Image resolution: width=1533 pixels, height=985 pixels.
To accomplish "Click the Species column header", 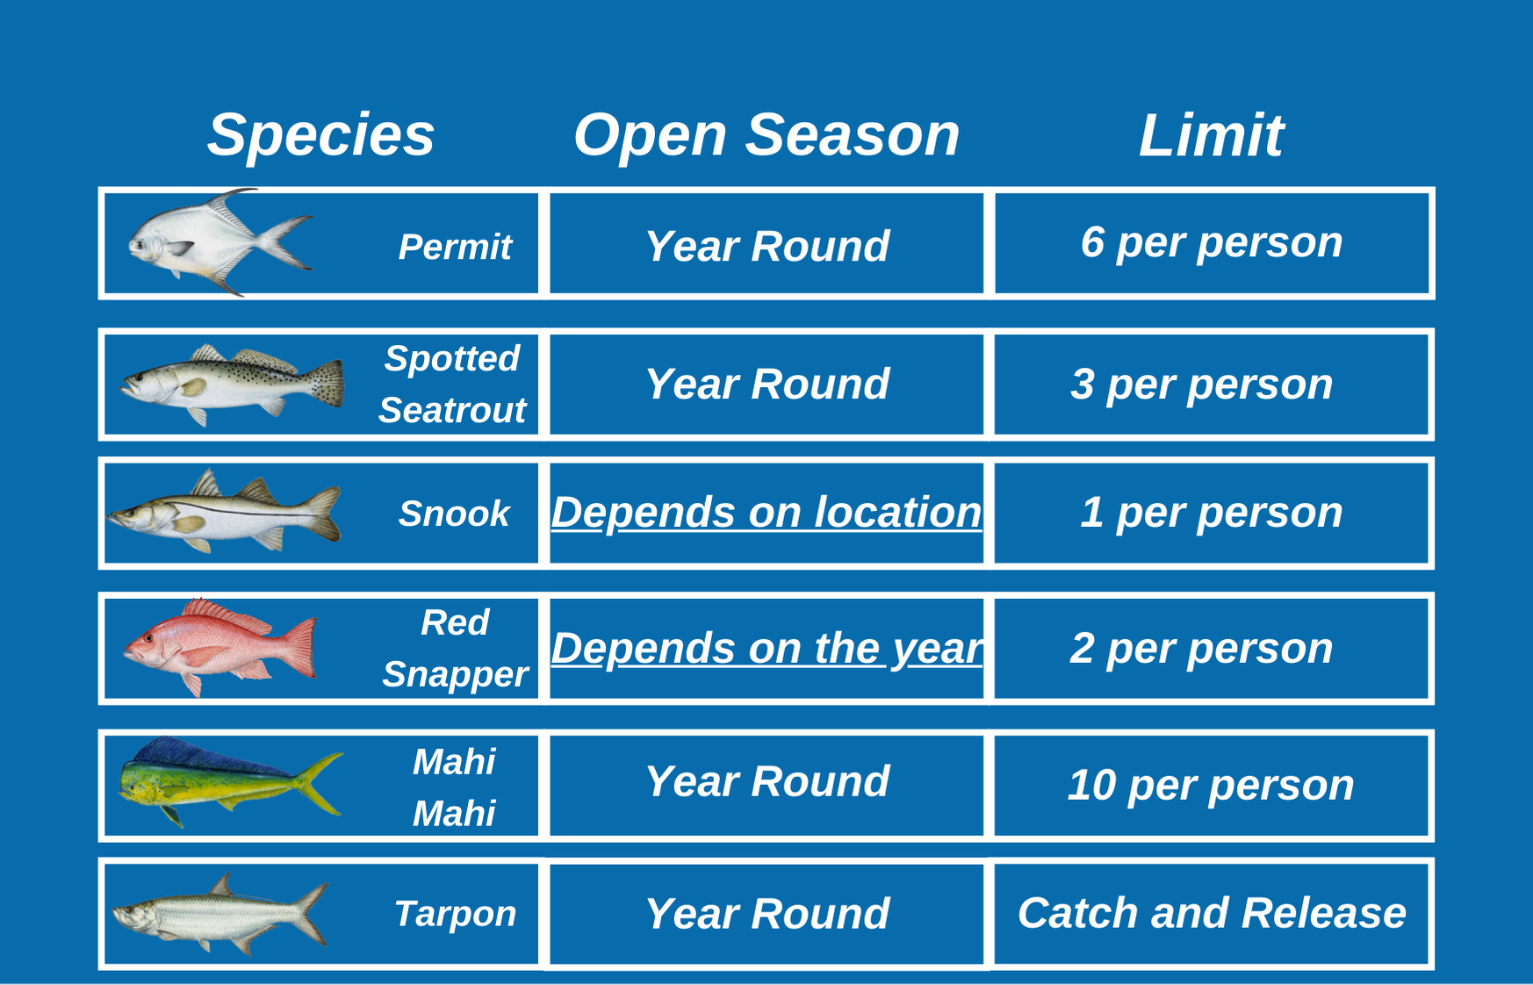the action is tap(320, 136).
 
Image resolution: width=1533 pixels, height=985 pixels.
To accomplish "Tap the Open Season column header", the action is tap(766, 135).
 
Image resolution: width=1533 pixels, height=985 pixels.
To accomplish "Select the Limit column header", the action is tap(1211, 135).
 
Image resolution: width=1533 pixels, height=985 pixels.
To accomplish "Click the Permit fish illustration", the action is tap(220, 241).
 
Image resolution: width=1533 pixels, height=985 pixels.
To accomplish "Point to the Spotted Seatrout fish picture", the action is tap(232, 384).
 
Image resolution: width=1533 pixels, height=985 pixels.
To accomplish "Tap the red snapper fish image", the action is tap(220, 648).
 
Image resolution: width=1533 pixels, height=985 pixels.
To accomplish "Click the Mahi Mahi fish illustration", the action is tap(230, 781).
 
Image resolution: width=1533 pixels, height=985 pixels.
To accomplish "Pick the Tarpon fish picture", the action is tap(220, 914).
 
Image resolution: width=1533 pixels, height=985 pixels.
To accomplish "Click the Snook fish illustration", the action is tap(223, 512).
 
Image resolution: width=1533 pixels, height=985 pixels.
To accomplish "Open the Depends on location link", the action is tap(766, 512).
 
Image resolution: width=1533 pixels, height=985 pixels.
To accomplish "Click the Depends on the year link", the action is tap(766, 649).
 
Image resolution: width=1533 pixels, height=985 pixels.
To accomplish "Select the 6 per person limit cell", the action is tap(1212, 243).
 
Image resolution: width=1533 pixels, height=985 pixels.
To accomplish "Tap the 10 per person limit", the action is tap(1212, 785).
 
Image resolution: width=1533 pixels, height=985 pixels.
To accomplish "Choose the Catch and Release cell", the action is tap(1212, 913).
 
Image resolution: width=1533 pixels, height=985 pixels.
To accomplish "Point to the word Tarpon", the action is tap(455, 915).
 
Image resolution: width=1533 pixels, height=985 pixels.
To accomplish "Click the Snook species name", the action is tap(454, 514).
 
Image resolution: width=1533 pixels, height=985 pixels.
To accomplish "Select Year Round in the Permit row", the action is tap(766, 246).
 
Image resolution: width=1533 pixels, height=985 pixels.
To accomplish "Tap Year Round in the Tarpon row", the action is tap(766, 914).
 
